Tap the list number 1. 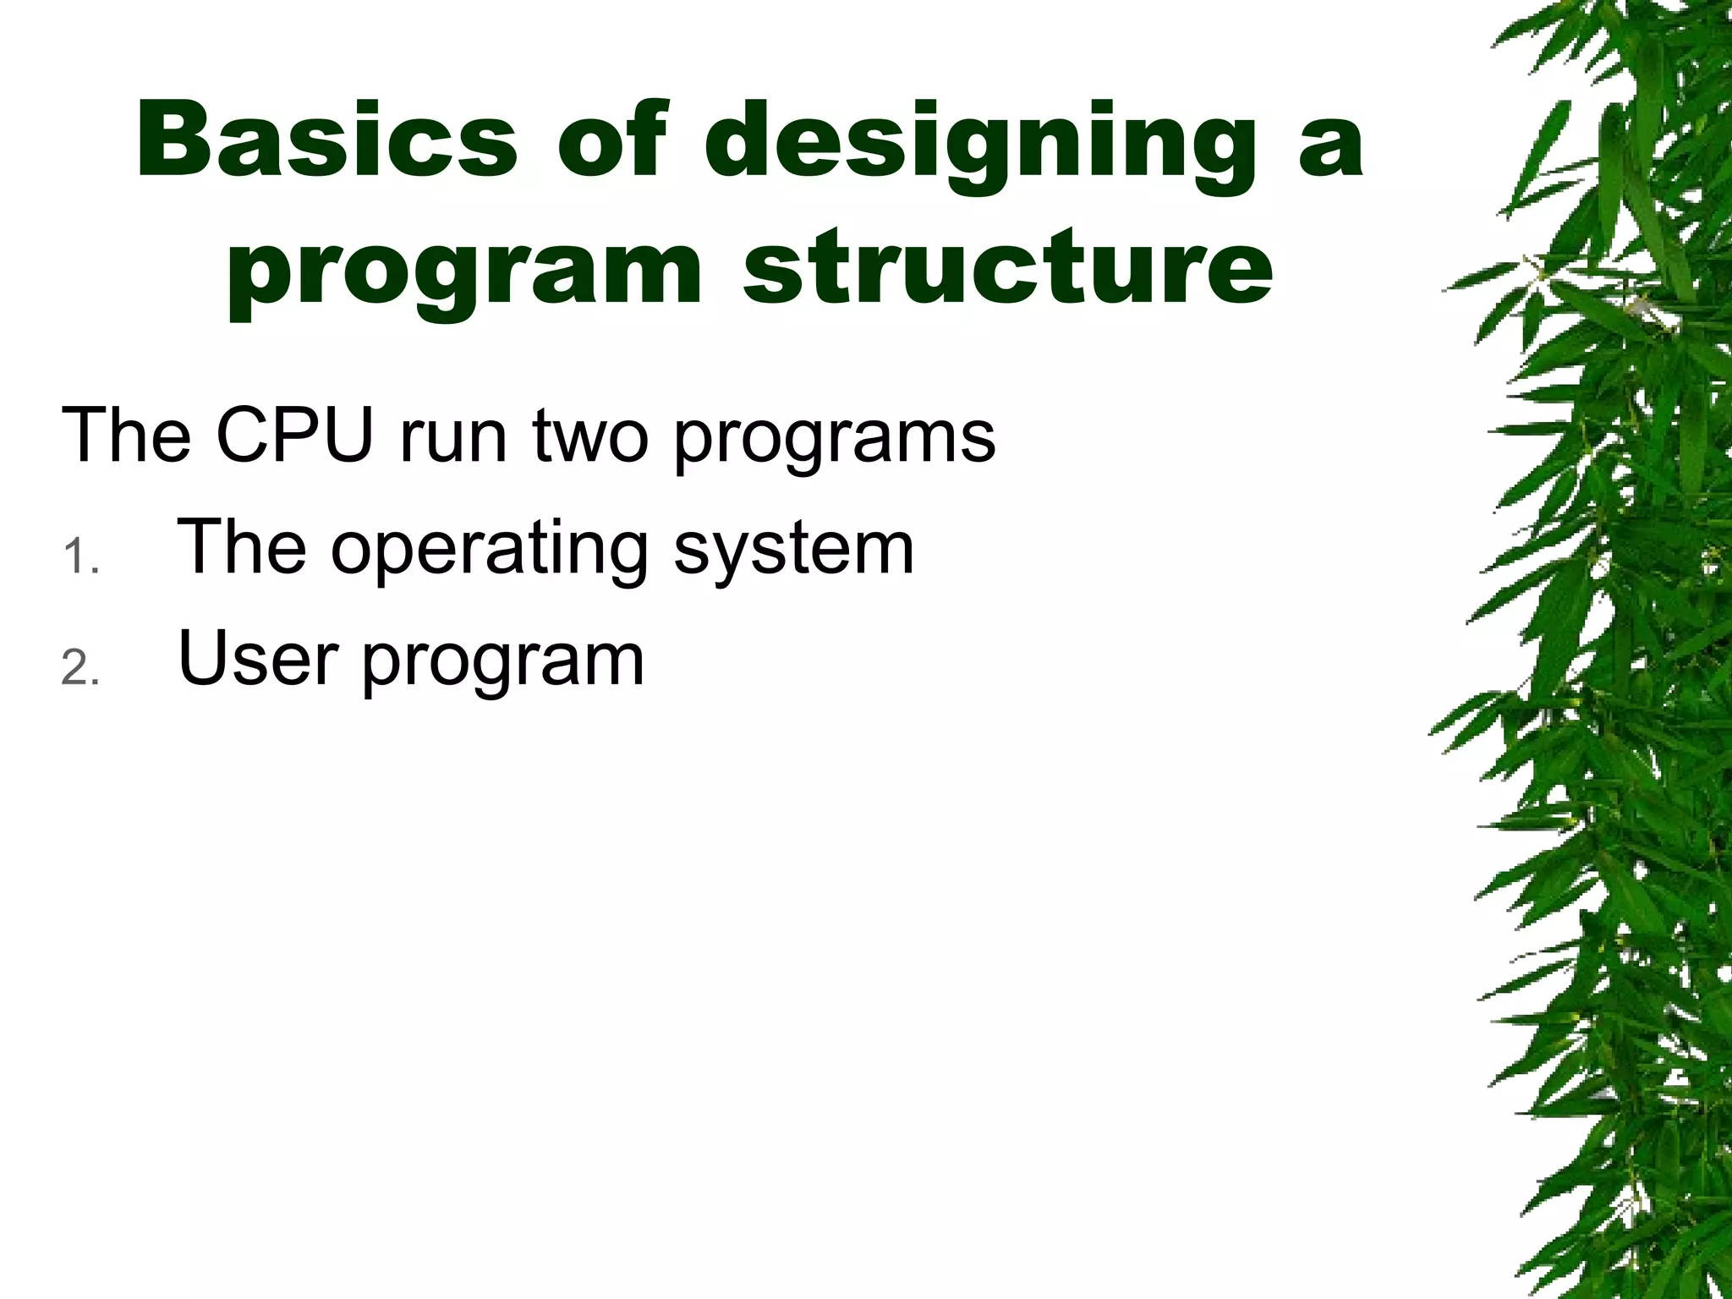click(x=78, y=558)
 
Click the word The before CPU click(x=126, y=436)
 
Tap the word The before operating click(x=242, y=548)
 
